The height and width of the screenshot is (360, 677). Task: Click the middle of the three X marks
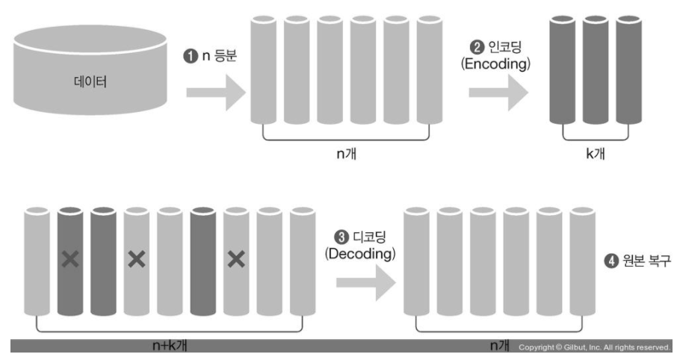pos(137,259)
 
